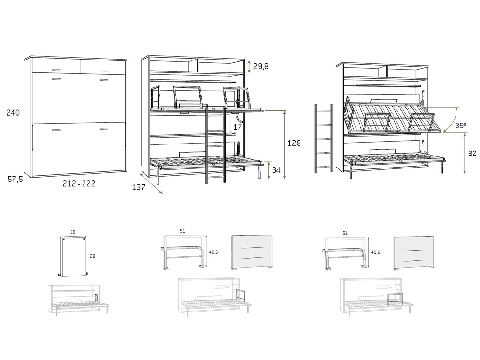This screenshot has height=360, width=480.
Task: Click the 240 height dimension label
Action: click(13, 113)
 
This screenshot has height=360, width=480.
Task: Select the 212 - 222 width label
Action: click(79, 183)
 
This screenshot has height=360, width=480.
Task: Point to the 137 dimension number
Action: click(139, 187)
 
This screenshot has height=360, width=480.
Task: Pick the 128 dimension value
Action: click(294, 143)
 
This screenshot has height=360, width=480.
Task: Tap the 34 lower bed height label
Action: click(277, 170)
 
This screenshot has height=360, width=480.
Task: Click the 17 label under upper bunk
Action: click(238, 127)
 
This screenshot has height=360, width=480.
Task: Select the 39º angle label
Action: click(461, 126)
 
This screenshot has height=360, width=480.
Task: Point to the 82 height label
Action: click(472, 154)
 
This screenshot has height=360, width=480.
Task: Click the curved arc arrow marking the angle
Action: click(450, 120)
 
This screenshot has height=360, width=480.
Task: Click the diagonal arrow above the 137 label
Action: click(152, 183)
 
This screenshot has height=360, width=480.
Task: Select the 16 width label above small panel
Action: click(73, 232)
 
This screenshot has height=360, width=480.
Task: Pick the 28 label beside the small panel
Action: click(92, 256)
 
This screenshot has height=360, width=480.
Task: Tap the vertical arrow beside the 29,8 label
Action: click(249, 66)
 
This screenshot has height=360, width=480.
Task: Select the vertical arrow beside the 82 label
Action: click(465, 154)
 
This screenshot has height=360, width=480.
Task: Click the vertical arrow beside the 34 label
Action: click(269, 171)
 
